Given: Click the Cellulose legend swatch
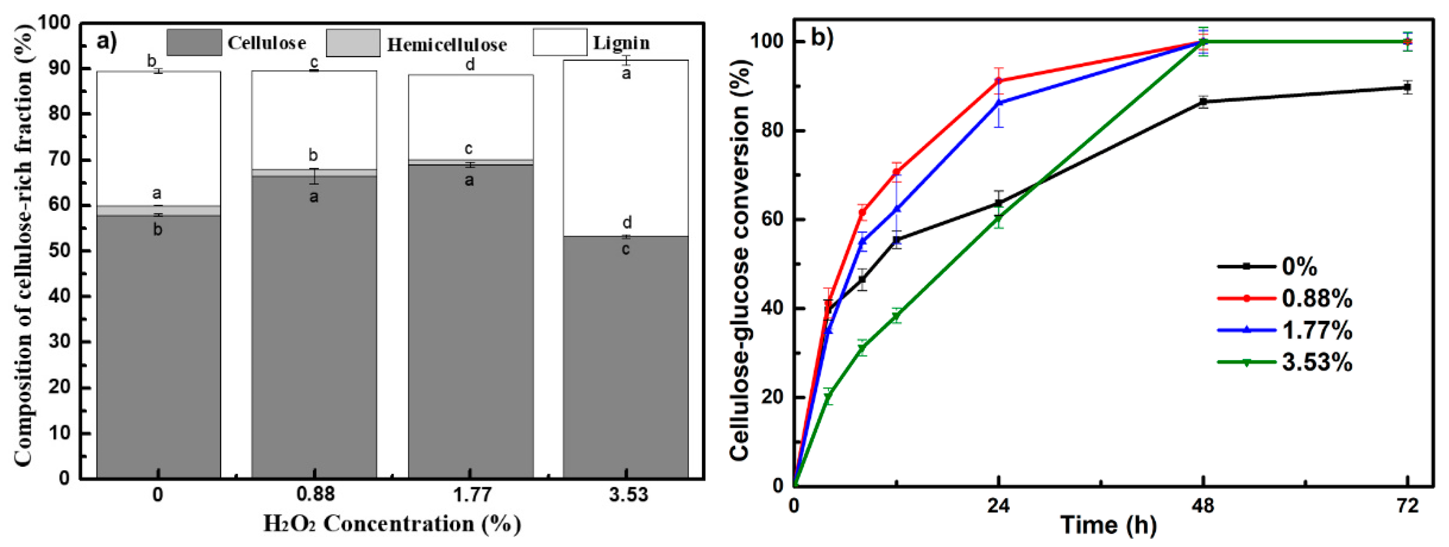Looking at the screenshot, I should [x=194, y=43].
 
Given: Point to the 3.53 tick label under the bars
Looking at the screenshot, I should [x=628, y=495].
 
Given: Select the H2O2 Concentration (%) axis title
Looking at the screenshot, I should [x=392, y=524].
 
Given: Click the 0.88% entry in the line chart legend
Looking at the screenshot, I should [x=1317, y=298].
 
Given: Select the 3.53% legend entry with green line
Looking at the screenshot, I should [x=1317, y=362].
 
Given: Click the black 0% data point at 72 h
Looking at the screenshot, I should [x=1407, y=87].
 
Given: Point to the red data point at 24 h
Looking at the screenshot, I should [x=998, y=81].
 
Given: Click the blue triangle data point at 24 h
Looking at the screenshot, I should [x=998, y=103].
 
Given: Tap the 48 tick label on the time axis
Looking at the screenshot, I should [x=1202, y=506].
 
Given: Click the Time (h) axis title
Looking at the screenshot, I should [x=1108, y=525].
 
